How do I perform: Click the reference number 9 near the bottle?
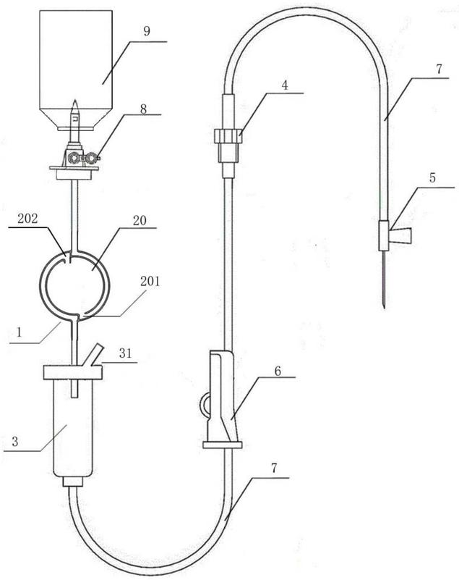tap(147, 30)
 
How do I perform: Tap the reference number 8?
tap(143, 109)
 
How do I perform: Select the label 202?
tap(27, 218)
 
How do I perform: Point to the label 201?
tap(150, 281)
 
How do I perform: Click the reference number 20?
tap(140, 220)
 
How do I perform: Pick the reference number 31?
tap(125, 353)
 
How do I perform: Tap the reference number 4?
tap(284, 85)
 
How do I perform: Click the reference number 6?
tap(278, 371)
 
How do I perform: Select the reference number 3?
tap(14, 441)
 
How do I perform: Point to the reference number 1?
tap(20, 332)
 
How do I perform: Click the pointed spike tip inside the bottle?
tap(75, 100)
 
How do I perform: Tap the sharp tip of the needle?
tap(385, 308)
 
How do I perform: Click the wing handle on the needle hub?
tap(400, 236)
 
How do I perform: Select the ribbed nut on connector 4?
tap(228, 135)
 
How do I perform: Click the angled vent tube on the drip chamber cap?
tap(94, 355)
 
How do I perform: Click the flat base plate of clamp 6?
tap(223, 445)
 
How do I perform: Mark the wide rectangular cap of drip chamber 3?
tap(73, 372)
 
